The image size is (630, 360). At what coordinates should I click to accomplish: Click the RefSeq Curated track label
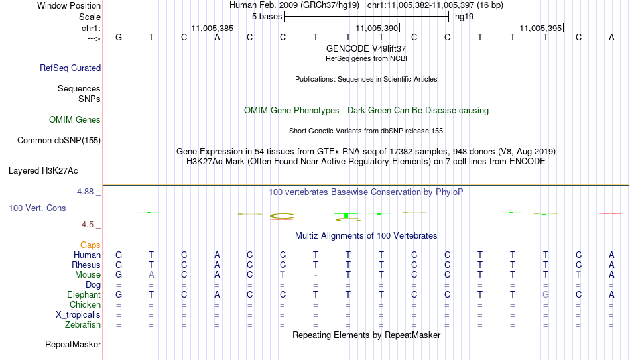click(70, 68)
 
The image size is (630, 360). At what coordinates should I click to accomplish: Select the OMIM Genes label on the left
click(75, 120)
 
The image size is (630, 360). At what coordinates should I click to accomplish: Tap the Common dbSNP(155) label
click(59, 141)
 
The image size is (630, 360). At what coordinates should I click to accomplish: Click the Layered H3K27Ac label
click(43, 171)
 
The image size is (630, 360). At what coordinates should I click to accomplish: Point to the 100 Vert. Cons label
click(37, 208)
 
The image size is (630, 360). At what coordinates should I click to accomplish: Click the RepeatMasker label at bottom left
click(73, 344)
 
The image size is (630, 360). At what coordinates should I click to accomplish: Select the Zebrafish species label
click(83, 324)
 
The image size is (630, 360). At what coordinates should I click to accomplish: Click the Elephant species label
click(84, 294)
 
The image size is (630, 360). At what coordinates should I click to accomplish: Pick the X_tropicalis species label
click(78, 315)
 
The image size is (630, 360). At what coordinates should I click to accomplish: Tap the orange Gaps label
click(90, 245)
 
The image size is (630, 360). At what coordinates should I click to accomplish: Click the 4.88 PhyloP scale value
click(85, 192)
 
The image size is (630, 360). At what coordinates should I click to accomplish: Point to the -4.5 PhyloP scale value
click(86, 225)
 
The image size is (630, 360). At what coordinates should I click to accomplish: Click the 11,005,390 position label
click(377, 28)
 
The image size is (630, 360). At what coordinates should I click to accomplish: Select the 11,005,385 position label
click(212, 28)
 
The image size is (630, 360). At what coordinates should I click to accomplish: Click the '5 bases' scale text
click(267, 17)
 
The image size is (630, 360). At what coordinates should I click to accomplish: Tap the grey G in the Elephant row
click(546, 294)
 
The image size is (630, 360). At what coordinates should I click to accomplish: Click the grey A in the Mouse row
click(151, 275)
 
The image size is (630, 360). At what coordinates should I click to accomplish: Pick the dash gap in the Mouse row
click(316, 275)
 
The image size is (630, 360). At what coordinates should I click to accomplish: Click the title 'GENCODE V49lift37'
click(366, 48)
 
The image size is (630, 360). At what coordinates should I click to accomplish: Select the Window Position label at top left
click(69, 5)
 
